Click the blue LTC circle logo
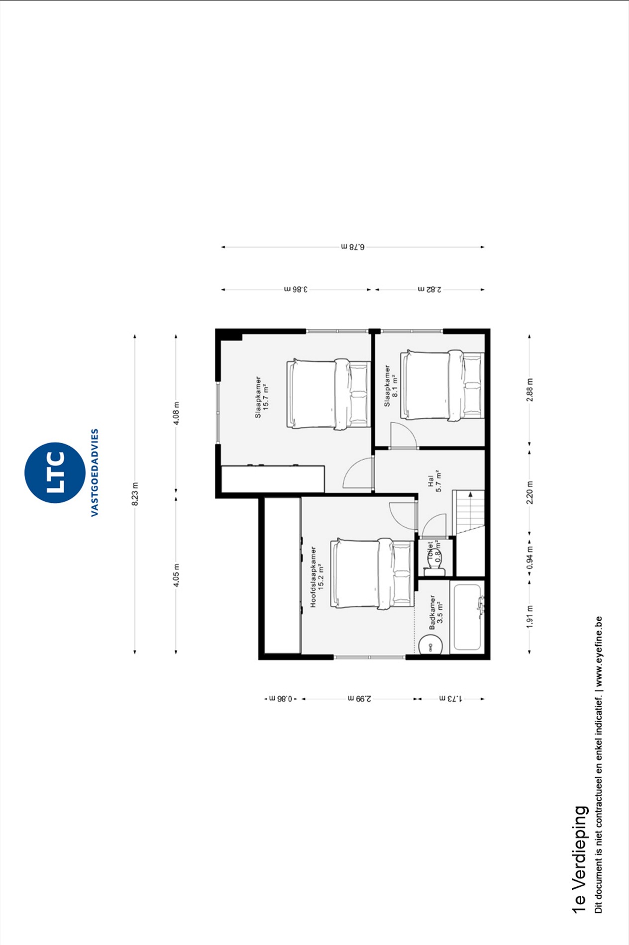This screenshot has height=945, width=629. click(x=55, y=472)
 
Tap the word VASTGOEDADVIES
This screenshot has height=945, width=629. click(x=95, y=472)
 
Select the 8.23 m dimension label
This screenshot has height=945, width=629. click(x=135, y=494)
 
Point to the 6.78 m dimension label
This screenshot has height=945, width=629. click(x=353, y=247)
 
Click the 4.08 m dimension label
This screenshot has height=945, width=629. click(x=176, y=413)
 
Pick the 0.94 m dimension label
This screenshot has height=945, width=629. click(x=529, y=557)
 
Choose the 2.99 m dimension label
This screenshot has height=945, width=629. click(x=359, y=699)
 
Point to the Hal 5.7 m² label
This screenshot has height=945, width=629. click(x=434, y=481)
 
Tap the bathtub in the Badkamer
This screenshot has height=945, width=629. click(x=467, y=617)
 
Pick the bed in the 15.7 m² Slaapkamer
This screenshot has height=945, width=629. click(x=328, y=393)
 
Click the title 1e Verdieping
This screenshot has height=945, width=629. click(x=579, y=859)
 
